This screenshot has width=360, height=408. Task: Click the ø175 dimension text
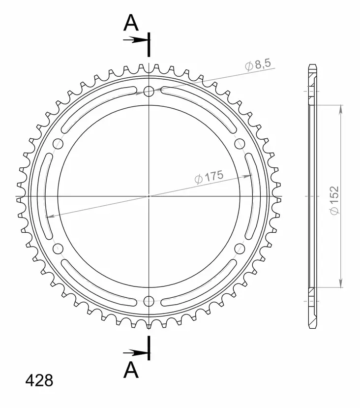[x=210, y=177]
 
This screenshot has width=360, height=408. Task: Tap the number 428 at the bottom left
[x=39, y=380]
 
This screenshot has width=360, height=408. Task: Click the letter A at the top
[x=130, y=22]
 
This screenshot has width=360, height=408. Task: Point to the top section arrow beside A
[x=134, y=40]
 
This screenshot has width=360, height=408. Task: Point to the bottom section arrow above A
[x=134, y=352]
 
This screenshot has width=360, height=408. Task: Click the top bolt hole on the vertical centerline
[x=149, y=91]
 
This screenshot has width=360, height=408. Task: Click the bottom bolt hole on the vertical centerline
[x=149, y=301]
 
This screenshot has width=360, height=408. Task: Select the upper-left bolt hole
[x=58, y=144]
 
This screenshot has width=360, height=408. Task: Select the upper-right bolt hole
[x=240, y=144]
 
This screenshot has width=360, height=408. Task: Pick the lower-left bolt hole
[x=58, y=248]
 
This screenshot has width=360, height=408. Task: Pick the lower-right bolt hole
[x=240, y=248]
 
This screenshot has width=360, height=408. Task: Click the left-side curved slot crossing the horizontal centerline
[x=46, y=196]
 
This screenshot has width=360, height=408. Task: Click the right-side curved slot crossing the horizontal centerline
[x=251, y=196]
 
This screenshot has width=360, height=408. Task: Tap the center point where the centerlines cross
[x=149, y=196]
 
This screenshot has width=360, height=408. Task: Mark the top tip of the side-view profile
[x=312, y=65]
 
